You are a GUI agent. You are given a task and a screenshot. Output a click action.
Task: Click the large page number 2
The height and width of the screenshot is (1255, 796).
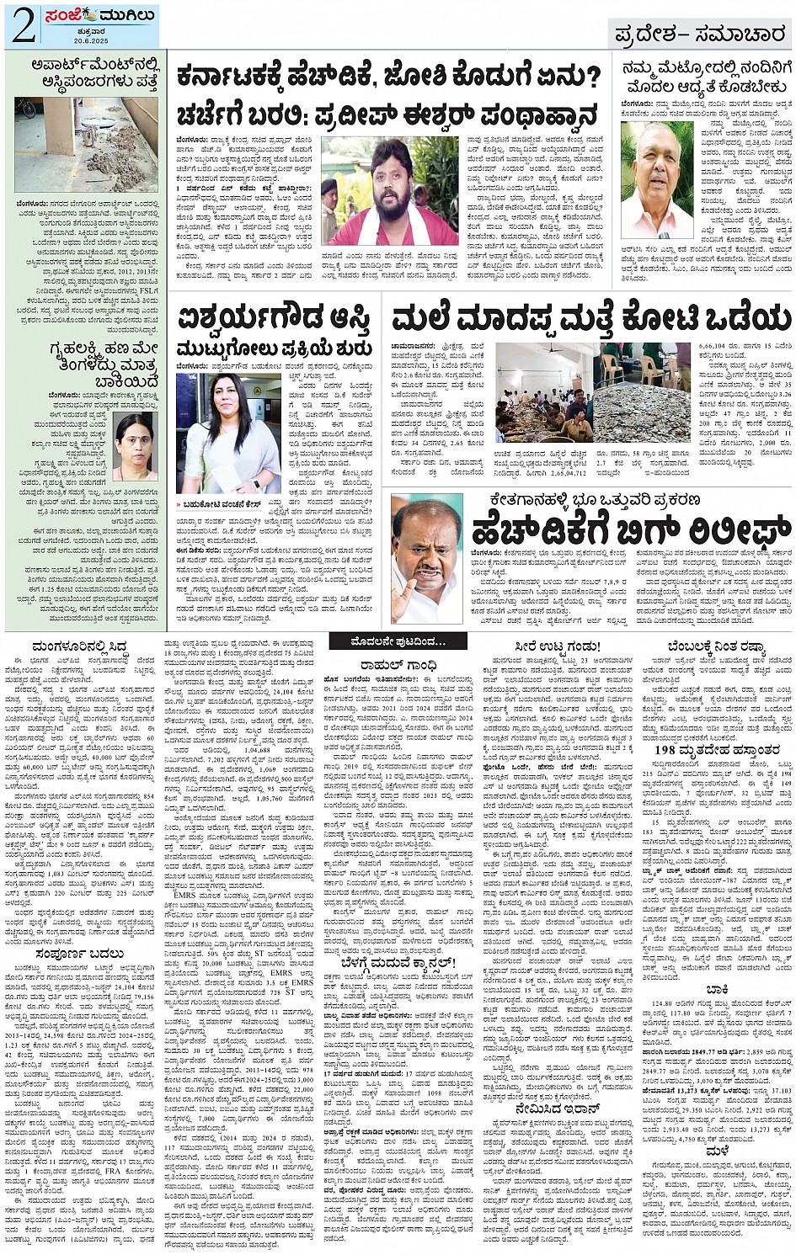pyautogui.click(x=23, y=25)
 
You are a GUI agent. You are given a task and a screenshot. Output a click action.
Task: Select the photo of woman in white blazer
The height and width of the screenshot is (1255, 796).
pyautogui.click(x=228, y=433)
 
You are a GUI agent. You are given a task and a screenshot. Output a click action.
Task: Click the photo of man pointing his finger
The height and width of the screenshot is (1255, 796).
pyautogui.click(x=426, y=558)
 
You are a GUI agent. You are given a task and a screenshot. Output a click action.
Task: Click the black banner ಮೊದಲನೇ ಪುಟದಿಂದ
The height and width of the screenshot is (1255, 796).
pyautogui.click(x=398, y=641)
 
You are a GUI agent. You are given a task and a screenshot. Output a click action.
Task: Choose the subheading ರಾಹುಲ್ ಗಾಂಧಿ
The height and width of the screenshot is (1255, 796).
pyautogui.click(x=398, y=665)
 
